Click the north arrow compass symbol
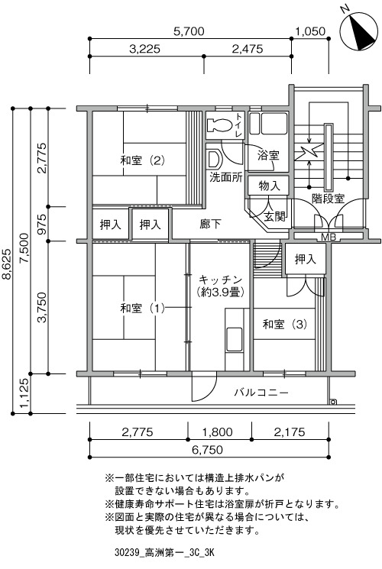pyautogui.click(x=358, y=31)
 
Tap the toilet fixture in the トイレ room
pyautogui.click(x=219, y=125)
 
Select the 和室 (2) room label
pyautogui.click(x=143, y=160)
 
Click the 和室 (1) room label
pyautogui.click(x=143, y=309)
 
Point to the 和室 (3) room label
pyautogui.click(x=285, y=324)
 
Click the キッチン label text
pyautogui.click(x=220, y=280)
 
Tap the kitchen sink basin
pyautogui.click(x=235, y=339)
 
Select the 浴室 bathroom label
pyautogui.click(x=268, y=155)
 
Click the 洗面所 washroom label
pyautogui.click(x=226, y=177)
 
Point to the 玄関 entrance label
pyautogui.click(x=274, y=216)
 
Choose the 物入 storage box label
pyautogui.click(x=269, y=186)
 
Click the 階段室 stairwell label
pyautogui.click(x=329, y=199)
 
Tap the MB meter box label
pyautogui.click(x=329, y=238)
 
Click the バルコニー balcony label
pyautogui.click(x=261, y=393)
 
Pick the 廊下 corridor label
pyautogui.click(x=210, y=224)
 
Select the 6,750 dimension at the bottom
pyautogui.click(x=207, y=450)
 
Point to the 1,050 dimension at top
pyautogui.click(x=310, y=31)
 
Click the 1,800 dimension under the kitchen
pyautogui.click(x=217, y=432)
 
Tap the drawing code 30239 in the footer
pyautogui.click(x=127, y=553)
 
